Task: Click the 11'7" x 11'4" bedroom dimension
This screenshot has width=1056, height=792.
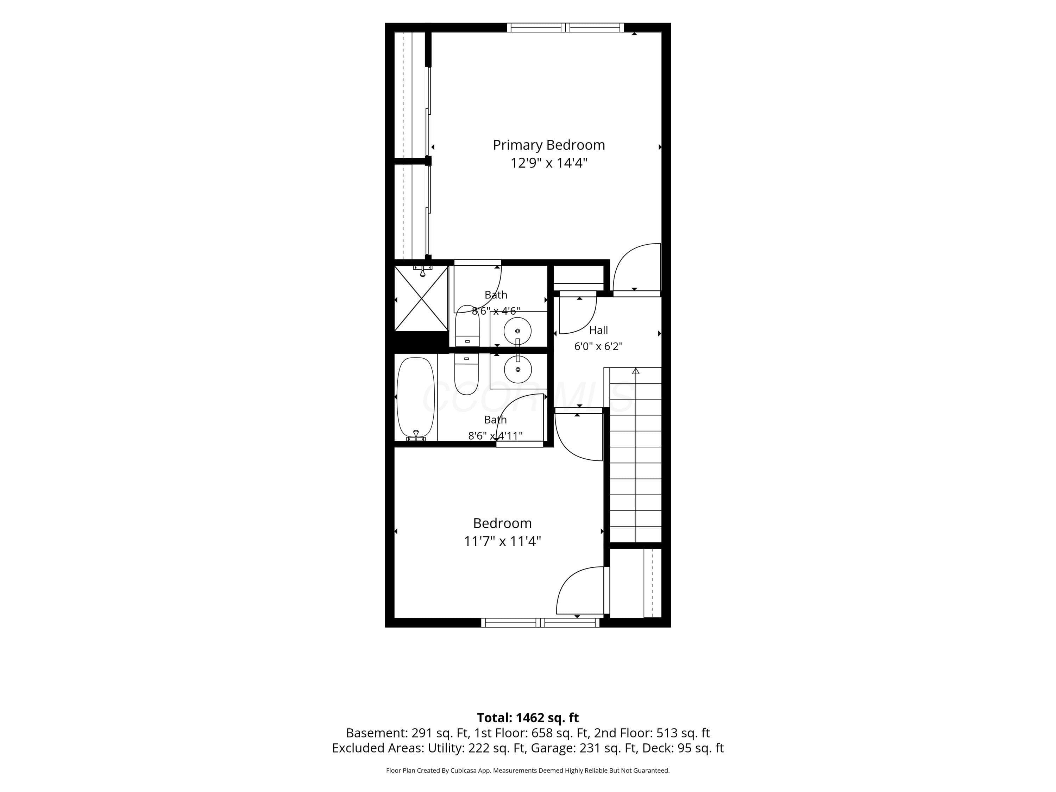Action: pos(502,541)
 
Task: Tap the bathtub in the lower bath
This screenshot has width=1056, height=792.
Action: pos(416,398)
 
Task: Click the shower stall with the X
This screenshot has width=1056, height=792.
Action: pos(422,298)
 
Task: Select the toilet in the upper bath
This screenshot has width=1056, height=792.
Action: pos(467,326)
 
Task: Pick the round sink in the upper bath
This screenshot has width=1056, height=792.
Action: pos(517,331)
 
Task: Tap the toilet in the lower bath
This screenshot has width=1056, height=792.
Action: pos(466,374)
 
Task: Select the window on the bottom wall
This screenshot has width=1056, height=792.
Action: pos(540,623)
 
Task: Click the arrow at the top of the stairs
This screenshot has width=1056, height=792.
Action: pos(635,371)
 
